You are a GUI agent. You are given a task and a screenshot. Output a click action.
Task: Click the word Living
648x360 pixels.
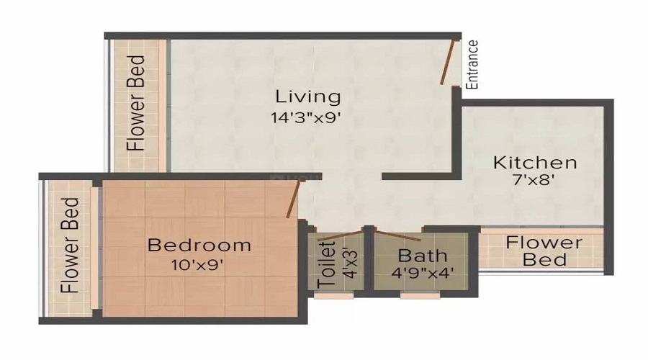[307, 96]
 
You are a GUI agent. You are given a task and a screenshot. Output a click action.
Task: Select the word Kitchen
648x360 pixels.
[534, 163]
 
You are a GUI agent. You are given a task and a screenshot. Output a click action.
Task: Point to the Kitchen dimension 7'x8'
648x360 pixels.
[534, 181]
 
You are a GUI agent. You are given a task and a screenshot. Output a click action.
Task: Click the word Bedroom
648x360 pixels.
[199, 245]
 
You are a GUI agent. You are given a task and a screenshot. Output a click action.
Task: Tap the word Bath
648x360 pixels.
[422, 256]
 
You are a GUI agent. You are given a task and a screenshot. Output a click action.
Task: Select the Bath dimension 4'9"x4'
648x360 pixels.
[422, 274]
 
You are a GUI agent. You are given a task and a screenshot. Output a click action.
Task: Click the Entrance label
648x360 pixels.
[472, 64]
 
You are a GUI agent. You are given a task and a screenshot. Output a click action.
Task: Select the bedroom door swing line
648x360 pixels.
[292, 199]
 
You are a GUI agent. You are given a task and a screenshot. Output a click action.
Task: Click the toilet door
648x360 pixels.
[336, 235]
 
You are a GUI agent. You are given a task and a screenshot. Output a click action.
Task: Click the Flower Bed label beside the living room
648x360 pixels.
[137, 103]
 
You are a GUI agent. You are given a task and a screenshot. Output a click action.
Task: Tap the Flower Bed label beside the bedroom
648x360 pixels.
[70, 246]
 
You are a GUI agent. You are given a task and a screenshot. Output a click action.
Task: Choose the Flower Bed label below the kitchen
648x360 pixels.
[544, 251]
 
